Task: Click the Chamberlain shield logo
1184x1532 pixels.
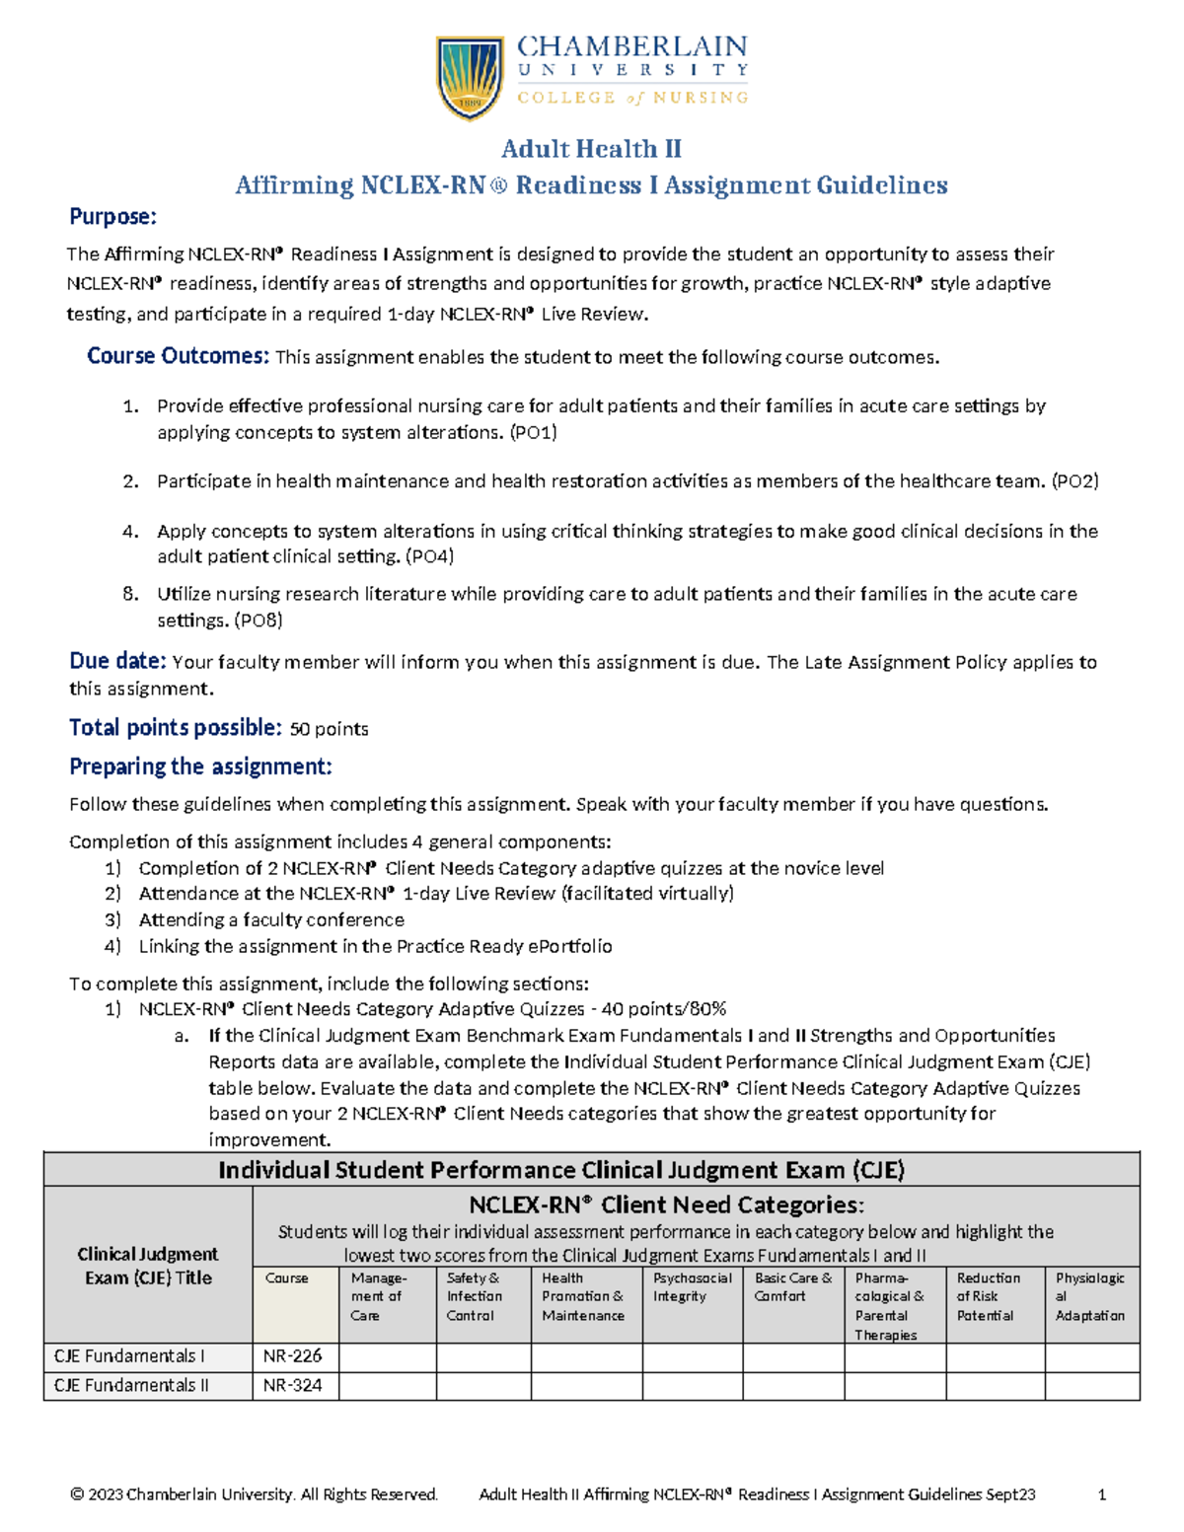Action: (x=471, y=77)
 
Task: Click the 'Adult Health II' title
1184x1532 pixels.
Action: (x=591, y=149)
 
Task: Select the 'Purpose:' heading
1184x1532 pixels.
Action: (x=112, y=217)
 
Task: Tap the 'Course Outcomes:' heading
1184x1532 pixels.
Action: (x=178, y=356)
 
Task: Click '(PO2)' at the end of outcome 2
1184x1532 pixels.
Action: (x=1074, y=481)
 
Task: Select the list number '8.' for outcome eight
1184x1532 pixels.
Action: (x=130, y=594)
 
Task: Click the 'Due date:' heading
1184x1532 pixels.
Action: (x=117, y=662)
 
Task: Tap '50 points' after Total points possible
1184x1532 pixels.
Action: (x=329, y=729)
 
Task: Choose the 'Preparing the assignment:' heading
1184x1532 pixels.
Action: (x=200, y=766)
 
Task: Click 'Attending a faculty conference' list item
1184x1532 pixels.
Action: (x=271, y=919)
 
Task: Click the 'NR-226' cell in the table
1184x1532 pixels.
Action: (x=293, y=1356)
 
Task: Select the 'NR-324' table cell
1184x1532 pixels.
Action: (x=293, y=1385)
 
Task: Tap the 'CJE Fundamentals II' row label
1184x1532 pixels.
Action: (x=131, y=1385)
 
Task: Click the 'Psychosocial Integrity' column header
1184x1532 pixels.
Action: (x=692, y=1287)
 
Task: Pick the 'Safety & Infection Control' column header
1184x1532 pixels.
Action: (x=475, y=1296)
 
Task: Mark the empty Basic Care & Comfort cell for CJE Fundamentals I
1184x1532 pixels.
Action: (x=793, y=1356)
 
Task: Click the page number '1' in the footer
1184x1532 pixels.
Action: (x=1101, y=1495)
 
